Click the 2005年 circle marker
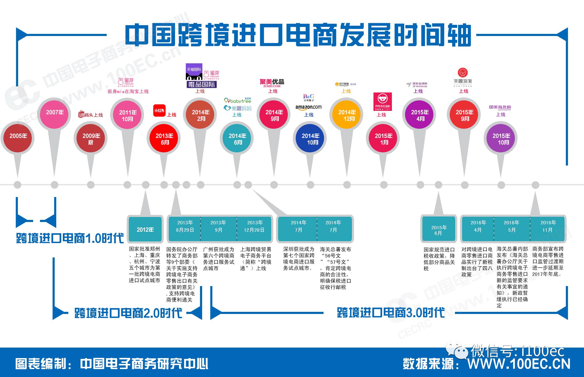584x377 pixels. pyautogui.click(x=18, y=138)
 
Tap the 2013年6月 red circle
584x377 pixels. pyautogui.click(x=164, y=139)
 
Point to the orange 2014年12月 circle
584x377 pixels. pyautogui.click(x=347, y=115)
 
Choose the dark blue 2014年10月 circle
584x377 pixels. pyautogui.click(x=310, y=139)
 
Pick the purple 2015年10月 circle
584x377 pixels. pyautogui.click(x=501, y=139)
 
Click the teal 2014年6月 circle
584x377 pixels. pyautogui.click(x=237, y=139)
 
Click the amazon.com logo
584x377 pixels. pyautogui.click(x=308, y=107)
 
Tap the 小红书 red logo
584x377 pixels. pyautogui.click(x=159, y=111)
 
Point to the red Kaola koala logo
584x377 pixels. pyautogui.click(x=382, y=101)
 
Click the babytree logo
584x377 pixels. pyautogui.click(x=238, y=101)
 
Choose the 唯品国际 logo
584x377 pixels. pyautogui.click(x=201, y=84)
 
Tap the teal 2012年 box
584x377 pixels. pyautogui.click(x=145, y=229)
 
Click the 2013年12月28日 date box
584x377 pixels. pyautogui.click(x=254, y=226)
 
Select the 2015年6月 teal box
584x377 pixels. pyautogui.click(x=438, y=230)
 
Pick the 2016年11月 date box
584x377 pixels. pyautogui.click(x=548, y=226)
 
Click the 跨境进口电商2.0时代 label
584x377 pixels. pyautogui.click(x=128, y=313)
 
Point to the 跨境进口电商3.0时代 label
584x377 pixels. pyautogui.click(x=391, y=313)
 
